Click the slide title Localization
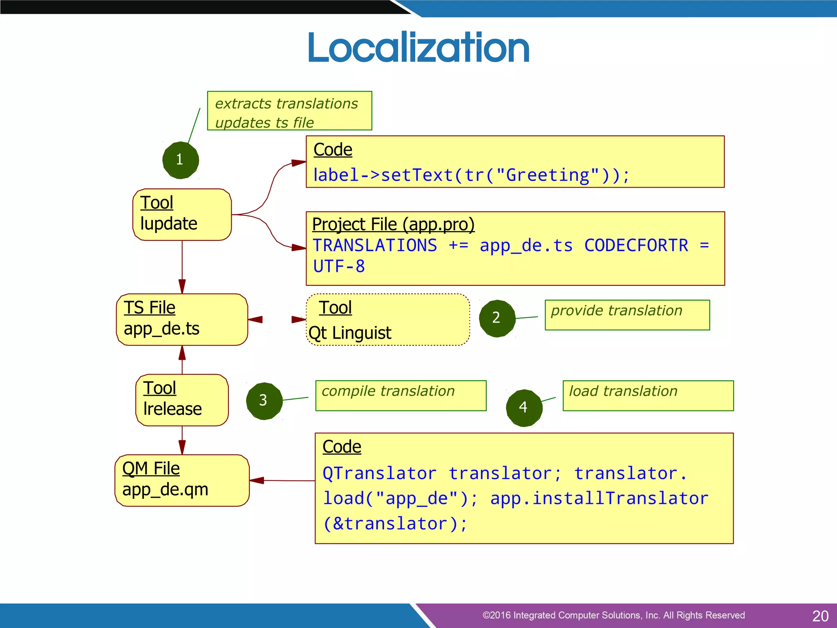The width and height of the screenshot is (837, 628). [418, 48]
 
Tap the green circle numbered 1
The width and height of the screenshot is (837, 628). [180, 160]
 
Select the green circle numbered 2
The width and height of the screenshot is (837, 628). [497, 318]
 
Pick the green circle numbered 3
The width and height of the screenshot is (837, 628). [264, 401]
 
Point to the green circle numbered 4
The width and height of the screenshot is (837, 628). [524, 408]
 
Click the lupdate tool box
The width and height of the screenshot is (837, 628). [182, 214]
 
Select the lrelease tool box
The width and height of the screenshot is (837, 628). [182, 400]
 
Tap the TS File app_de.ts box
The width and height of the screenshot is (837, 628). [182, 319]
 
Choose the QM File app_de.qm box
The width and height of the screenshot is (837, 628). [182, 480]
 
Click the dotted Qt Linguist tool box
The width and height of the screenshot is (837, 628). [387, 319]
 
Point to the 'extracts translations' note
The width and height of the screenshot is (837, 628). [289, 111]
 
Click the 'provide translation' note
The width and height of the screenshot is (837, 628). [627, 314]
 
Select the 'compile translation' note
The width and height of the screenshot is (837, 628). [401, 395]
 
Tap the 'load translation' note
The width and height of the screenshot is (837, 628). [648, 395]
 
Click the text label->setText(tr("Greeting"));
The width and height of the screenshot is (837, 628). [471, 175]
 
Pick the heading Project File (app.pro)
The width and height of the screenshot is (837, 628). [393, 224]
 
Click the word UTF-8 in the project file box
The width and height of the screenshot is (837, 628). [339, 267]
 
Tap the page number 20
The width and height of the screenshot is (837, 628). [820, 616]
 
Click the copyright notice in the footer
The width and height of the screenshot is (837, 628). [613, 615]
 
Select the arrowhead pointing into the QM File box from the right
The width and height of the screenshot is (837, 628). [257, 480]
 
